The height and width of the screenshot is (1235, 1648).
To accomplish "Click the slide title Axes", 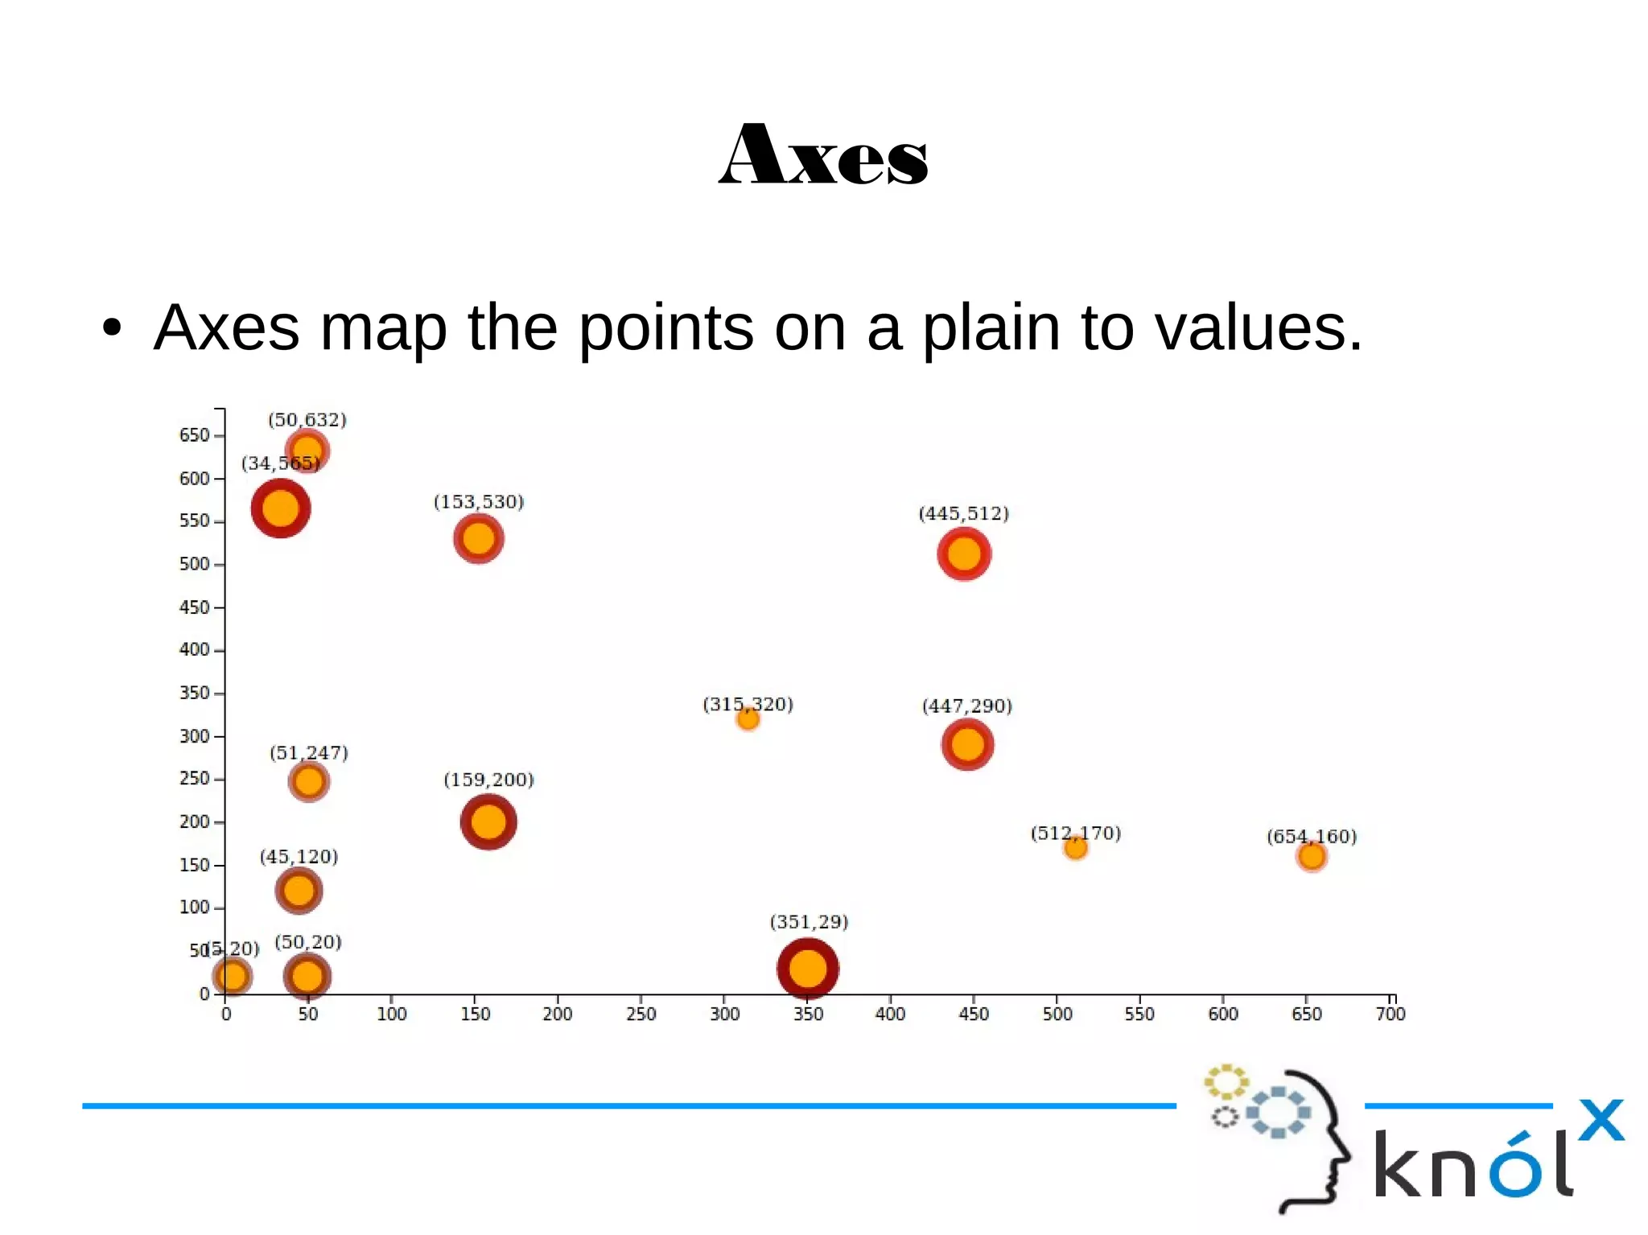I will click(x=823, y=154).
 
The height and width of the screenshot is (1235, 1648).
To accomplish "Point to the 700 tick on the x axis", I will click(x=1390, y=1013).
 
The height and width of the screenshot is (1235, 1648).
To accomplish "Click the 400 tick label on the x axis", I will click(x=890, y=1014).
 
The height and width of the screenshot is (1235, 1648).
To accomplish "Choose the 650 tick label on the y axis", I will click(x=194, y=435).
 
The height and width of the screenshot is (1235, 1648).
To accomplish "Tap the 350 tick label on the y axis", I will click(x=194, y=693).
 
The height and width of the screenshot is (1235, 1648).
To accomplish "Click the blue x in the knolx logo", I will click(x=1601, y=1120).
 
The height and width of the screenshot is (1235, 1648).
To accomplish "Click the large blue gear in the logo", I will click(x=1278, y=1113).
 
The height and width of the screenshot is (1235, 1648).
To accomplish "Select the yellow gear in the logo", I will click(x=1226, y=1082).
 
